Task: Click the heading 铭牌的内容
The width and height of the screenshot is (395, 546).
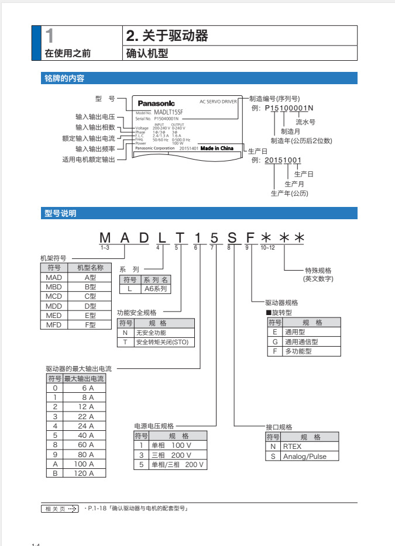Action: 64,78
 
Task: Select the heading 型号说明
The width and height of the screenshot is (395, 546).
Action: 60,214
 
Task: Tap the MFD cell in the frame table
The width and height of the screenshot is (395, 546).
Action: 54,324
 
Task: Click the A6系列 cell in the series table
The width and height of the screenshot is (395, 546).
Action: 156,289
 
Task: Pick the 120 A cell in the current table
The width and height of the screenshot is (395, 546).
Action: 84,473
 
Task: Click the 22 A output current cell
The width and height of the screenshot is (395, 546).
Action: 84,416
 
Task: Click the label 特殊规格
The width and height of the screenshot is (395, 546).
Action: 318,270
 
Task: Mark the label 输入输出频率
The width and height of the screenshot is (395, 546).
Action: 95,148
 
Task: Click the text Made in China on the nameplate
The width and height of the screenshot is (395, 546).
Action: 217,148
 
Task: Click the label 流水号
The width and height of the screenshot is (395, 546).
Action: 305,122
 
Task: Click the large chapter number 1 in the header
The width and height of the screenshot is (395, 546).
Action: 50,36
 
